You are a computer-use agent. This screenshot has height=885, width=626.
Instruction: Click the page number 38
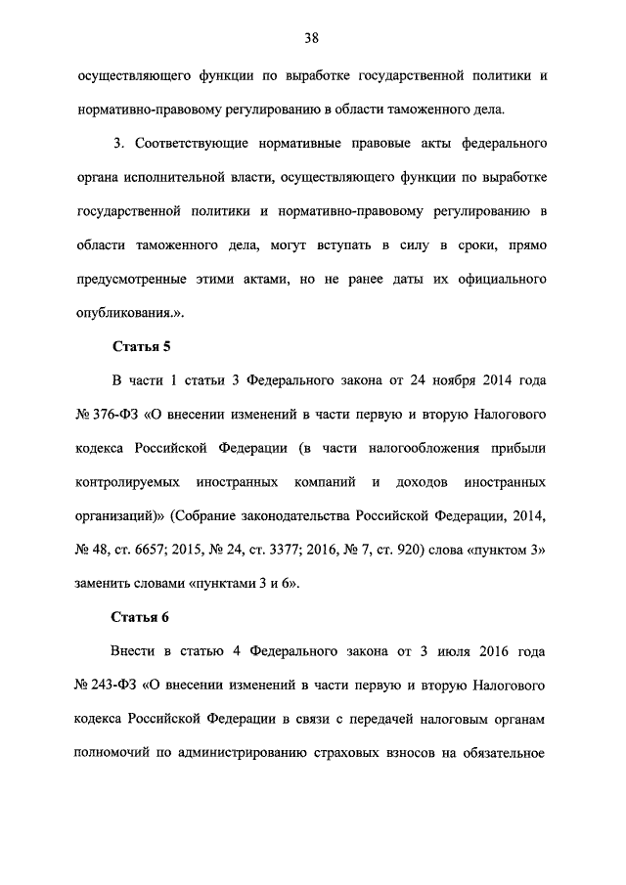pyautogui.click(x=311, y=38)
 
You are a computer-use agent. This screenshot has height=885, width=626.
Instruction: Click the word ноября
pyautogui.click(x=444, y=381)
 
